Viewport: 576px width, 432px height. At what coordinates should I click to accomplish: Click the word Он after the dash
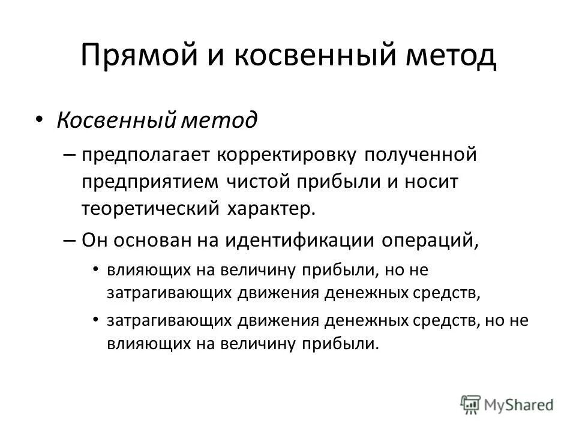coord(95,240)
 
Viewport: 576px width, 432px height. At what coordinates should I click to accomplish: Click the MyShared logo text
coord(519,404)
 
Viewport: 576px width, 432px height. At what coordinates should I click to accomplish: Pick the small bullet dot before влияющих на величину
coord(97,269)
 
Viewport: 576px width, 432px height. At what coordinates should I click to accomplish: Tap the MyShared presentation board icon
coord(470,404)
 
